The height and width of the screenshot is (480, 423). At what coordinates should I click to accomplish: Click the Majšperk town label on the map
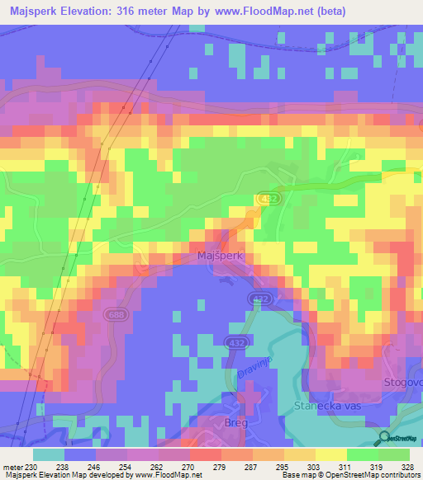(x=220, y=256)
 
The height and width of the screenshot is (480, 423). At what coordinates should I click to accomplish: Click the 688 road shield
(x=116, y=314)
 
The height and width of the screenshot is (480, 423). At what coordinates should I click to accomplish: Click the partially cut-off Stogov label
(x=405, y=383)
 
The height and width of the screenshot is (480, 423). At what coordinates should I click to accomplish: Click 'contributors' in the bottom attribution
(x=397, y=475)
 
